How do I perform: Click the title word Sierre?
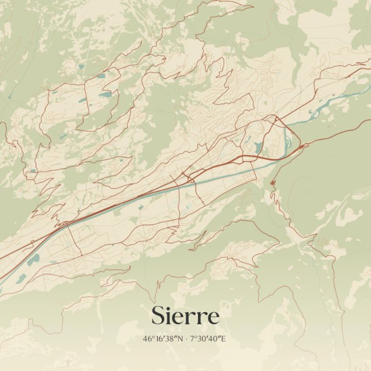click(x=185, y=315)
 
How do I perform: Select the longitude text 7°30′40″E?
click(x=208, y=339)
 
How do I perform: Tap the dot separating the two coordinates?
click(x=186, y=339)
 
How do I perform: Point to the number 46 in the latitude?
click(x=148, y=339)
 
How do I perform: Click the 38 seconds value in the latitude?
click(x=171, y=339)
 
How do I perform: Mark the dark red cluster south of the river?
click(x=272, y=183)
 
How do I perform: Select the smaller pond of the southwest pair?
click(x=22, y=279)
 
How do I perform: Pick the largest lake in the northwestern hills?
click(x=105, y=95)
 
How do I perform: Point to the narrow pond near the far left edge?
click(x=9, y=96)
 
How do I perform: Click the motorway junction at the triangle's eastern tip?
click(x=303, y=146)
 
